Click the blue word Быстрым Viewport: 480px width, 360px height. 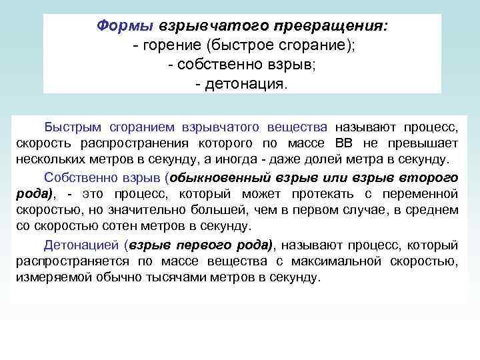pos(69,127)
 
